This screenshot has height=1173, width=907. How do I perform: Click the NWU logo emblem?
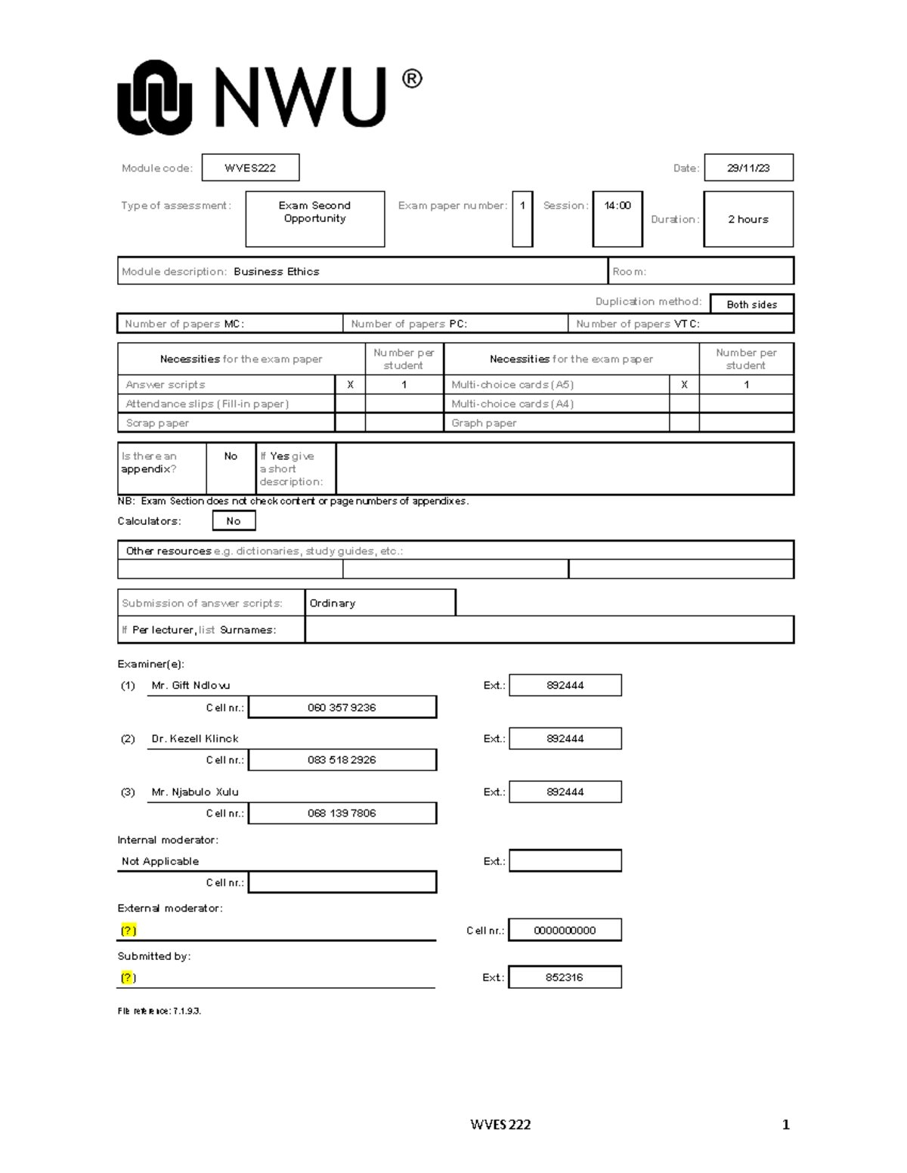coord(154,98)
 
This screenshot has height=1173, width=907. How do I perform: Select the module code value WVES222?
coord(250,168)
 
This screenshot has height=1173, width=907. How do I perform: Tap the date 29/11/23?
coord(748,168)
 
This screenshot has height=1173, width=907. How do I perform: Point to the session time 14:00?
coord(618,205)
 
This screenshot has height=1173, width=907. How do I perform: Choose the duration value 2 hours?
coord(748,219)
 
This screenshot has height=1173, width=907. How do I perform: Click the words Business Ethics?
coord(277,271)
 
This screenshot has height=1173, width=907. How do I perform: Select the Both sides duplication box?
coord(751,304)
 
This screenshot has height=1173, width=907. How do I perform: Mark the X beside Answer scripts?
coord(350,384)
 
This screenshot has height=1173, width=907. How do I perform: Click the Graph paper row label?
coord(484,423)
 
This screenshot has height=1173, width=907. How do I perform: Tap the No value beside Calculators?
coord(234,520)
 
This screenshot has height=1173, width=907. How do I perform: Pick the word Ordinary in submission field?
coord(333,603)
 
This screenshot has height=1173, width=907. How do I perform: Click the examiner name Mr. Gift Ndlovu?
coord(190,685)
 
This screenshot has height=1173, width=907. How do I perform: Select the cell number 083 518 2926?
coord(342,760)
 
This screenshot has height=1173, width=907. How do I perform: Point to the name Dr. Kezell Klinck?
coord(195,739)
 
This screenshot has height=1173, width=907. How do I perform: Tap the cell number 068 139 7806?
coord(342,813)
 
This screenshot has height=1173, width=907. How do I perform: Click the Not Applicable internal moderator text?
coord(160,861)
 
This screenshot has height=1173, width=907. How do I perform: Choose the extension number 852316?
coord(565,977)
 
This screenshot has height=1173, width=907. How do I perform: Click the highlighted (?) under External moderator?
coord(128,931)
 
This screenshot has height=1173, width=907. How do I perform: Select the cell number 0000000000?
coord(565,931)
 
